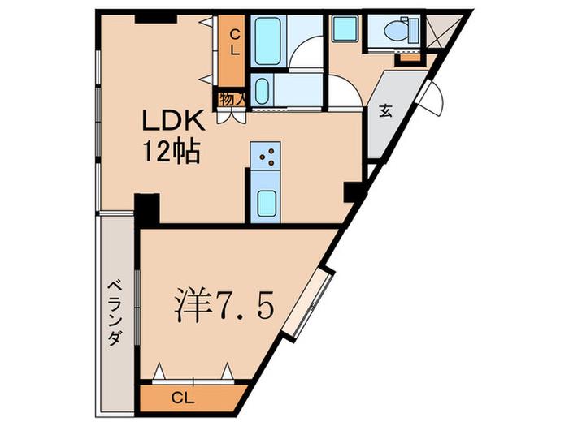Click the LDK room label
(172, 121)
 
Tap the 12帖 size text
(172, 151)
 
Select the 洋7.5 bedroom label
(224, 305)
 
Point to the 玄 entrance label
(385, 111)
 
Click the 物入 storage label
(231, 99)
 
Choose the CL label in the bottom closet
(183, 398)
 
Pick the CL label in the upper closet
(235, 42)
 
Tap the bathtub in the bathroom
(268, 41)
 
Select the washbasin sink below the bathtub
(262, 91)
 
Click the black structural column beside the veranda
(147, 209)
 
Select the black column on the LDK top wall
(156, 19)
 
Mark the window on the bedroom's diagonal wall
(308, 303)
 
